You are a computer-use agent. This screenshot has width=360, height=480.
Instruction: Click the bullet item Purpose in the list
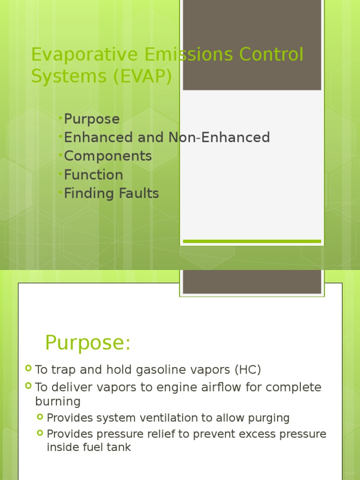[x=92, y=119]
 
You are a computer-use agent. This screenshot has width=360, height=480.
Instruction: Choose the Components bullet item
[x=108, y=156]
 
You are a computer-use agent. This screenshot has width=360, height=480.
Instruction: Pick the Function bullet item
[x=93, y=175]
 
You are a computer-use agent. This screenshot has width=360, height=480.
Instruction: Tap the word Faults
[x=138, y=193]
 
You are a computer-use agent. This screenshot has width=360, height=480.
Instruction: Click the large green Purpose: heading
[x=88, y=343]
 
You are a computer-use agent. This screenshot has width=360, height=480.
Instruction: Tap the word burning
[x=58, y=402]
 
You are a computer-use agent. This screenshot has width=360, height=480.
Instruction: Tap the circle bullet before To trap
[x=29, y=369]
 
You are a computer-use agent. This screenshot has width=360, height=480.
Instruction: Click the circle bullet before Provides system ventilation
[x=40, y=417]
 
